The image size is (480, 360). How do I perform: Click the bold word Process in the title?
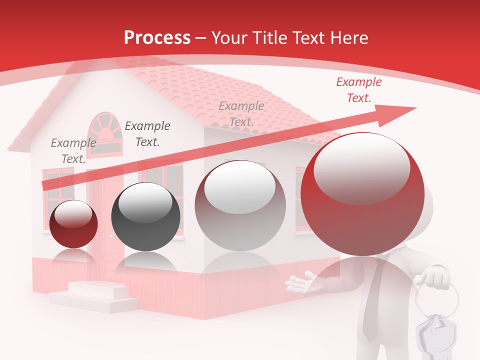[157, 37]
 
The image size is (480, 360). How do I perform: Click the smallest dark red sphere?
[73, 224]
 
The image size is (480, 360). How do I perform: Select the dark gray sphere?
[145, 217]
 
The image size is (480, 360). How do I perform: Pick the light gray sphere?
[240, 205]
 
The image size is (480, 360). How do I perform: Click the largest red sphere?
[362, 194]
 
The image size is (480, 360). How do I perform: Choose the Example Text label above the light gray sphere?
[241, 114]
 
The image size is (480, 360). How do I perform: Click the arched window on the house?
[105, 134]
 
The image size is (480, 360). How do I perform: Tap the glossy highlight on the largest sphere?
[361, 167]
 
